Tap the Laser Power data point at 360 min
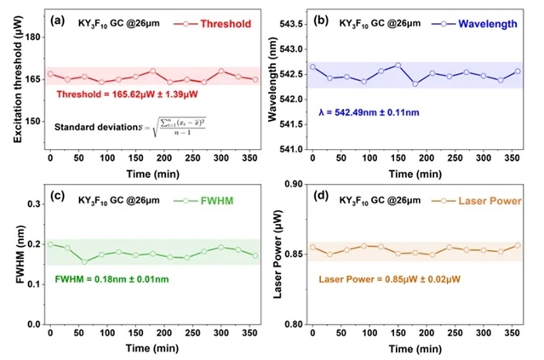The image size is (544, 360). click(517, 246)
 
